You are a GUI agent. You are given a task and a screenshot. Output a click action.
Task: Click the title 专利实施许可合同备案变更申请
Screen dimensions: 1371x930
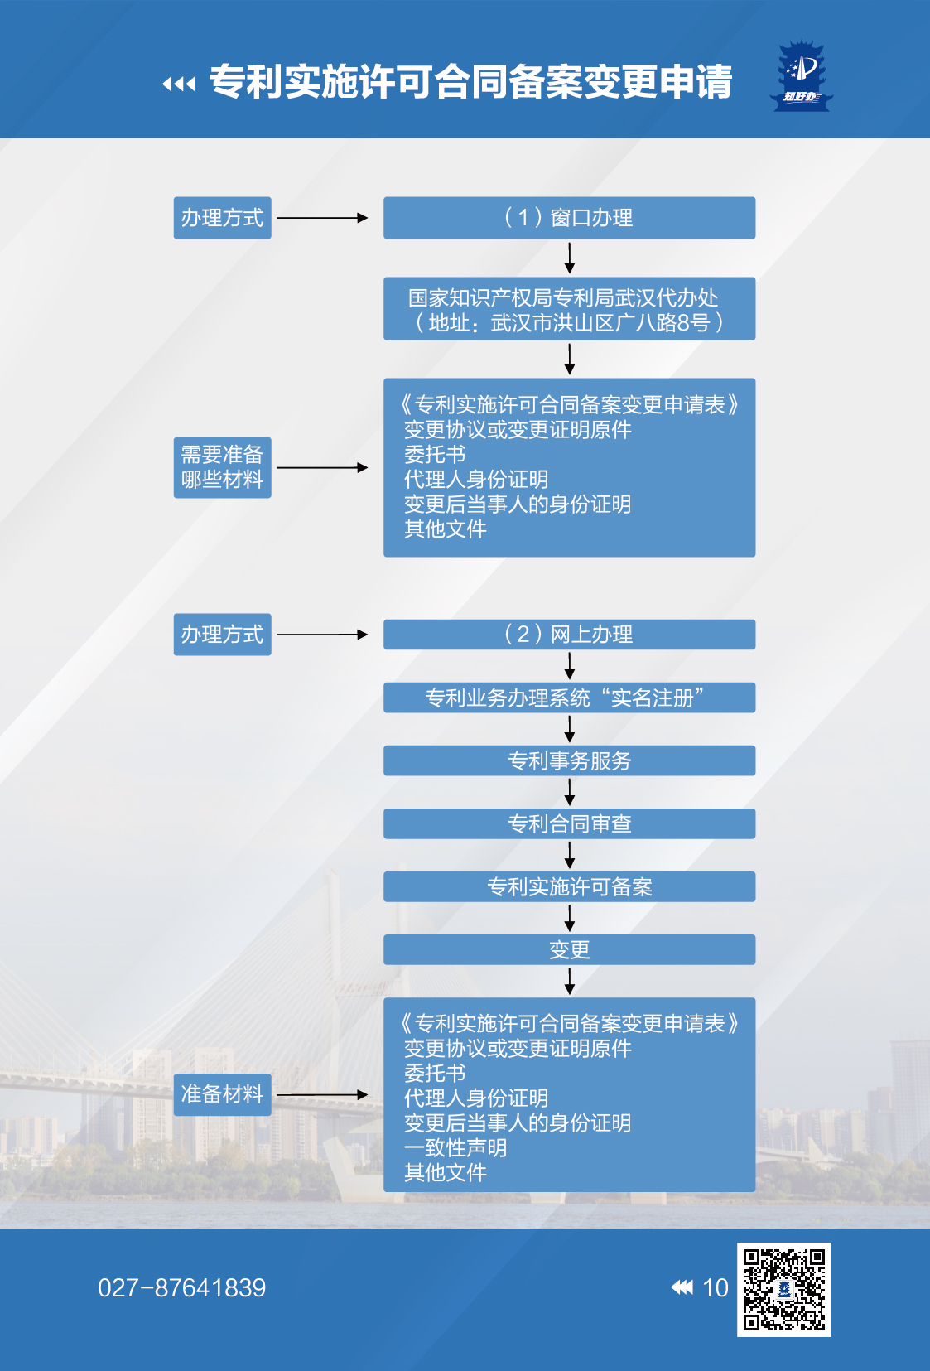[470, 82]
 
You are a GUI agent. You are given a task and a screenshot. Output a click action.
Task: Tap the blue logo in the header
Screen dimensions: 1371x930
[802, 77]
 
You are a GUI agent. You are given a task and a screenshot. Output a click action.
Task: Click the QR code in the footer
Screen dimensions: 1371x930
[783, 1289]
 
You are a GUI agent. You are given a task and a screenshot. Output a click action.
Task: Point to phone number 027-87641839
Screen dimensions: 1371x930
[181, 1288]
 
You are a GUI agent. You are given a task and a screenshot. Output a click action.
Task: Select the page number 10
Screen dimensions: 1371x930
[715, 1288]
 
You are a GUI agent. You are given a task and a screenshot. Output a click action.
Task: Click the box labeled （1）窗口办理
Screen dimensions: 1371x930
[569, 218]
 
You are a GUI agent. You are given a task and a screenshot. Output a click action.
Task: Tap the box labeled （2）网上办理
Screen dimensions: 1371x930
[569, 635]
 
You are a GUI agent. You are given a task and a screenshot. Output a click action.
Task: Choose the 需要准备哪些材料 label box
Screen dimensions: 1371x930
[222, 467]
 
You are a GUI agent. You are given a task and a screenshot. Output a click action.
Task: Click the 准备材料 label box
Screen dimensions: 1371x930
[222, 1094]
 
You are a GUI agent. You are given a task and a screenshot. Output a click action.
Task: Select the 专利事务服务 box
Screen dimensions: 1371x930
[569, 760]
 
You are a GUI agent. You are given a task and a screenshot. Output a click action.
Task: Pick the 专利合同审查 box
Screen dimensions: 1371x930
[569, 823]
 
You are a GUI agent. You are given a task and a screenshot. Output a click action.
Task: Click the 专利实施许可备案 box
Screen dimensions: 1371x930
[569, 886]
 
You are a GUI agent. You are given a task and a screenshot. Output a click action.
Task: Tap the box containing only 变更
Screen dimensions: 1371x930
[569, 949]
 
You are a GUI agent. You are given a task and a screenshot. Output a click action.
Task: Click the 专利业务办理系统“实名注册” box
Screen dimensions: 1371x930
[569, 698]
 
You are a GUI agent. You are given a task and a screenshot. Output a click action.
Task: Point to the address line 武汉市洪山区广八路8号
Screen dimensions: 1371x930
[569, 323]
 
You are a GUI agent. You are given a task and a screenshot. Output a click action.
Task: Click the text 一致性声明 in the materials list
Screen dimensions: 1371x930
[455, 1148]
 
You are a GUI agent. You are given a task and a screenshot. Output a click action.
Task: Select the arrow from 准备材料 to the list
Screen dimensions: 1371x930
[322, 1094]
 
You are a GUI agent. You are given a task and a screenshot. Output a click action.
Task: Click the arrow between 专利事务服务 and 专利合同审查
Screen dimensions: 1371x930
[570, 792]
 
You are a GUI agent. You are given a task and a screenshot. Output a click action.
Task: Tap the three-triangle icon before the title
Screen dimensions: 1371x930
[179, 84]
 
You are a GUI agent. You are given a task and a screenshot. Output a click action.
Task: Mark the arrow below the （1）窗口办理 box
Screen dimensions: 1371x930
[570, 258]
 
